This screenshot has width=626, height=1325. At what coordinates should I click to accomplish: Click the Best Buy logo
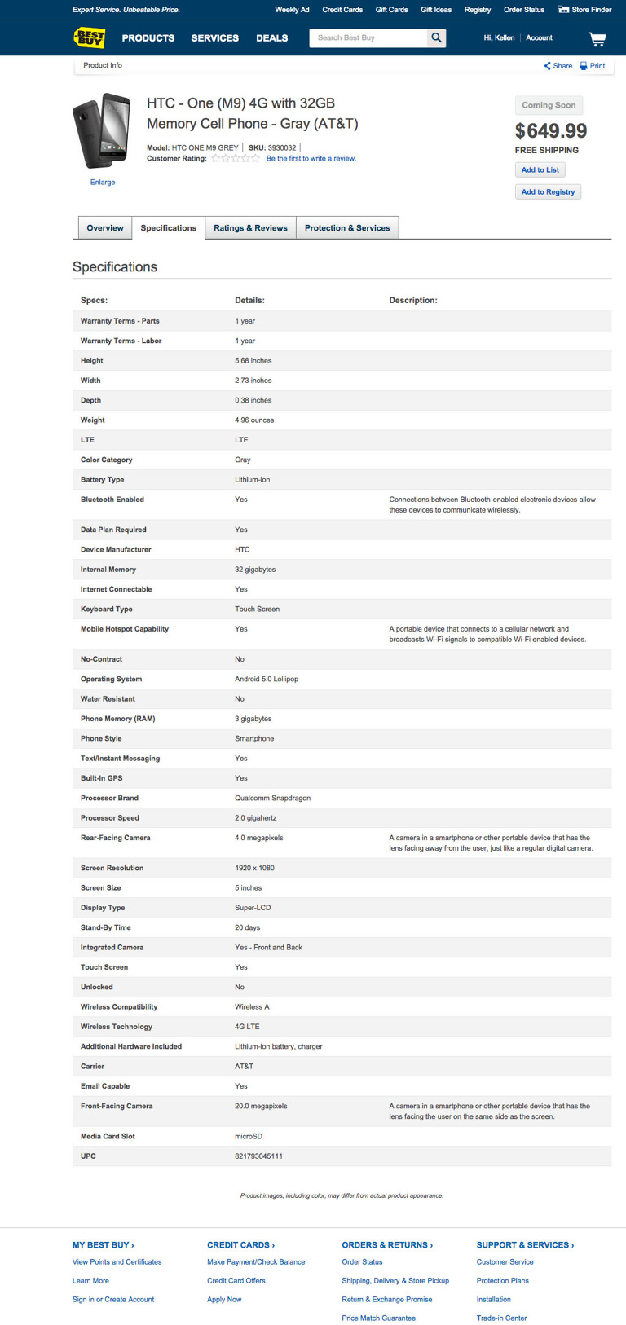click(89, 37)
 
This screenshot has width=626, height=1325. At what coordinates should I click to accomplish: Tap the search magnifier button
click(437, 37)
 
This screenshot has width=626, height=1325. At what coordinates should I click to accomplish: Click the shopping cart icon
click(597, 38)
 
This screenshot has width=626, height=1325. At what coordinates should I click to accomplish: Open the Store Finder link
click(584, 10)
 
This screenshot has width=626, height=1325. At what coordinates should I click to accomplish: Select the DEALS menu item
click(271, 38)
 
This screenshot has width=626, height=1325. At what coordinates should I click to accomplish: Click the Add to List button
click(540, 169)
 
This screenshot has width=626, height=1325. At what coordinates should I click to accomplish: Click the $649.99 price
click(550, 130)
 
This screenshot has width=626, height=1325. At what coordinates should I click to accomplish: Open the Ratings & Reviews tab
click(250, 228)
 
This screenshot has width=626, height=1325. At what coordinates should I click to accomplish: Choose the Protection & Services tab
click(347, 228)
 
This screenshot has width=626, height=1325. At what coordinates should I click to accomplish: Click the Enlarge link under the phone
click(103, 183)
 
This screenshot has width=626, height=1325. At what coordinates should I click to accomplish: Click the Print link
click(593, 66)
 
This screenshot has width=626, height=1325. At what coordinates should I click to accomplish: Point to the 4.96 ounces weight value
click(254, 420)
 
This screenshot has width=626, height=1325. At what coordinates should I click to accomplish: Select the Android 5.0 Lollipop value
click(267, 679)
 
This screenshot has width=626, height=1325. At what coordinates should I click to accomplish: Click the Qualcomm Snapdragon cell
click(272, 798)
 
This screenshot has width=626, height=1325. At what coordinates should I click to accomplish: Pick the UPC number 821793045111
click(258, 1156)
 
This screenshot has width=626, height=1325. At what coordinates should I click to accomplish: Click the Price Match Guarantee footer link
click(378, 1318)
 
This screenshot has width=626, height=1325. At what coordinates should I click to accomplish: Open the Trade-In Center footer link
click(501, 1318)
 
